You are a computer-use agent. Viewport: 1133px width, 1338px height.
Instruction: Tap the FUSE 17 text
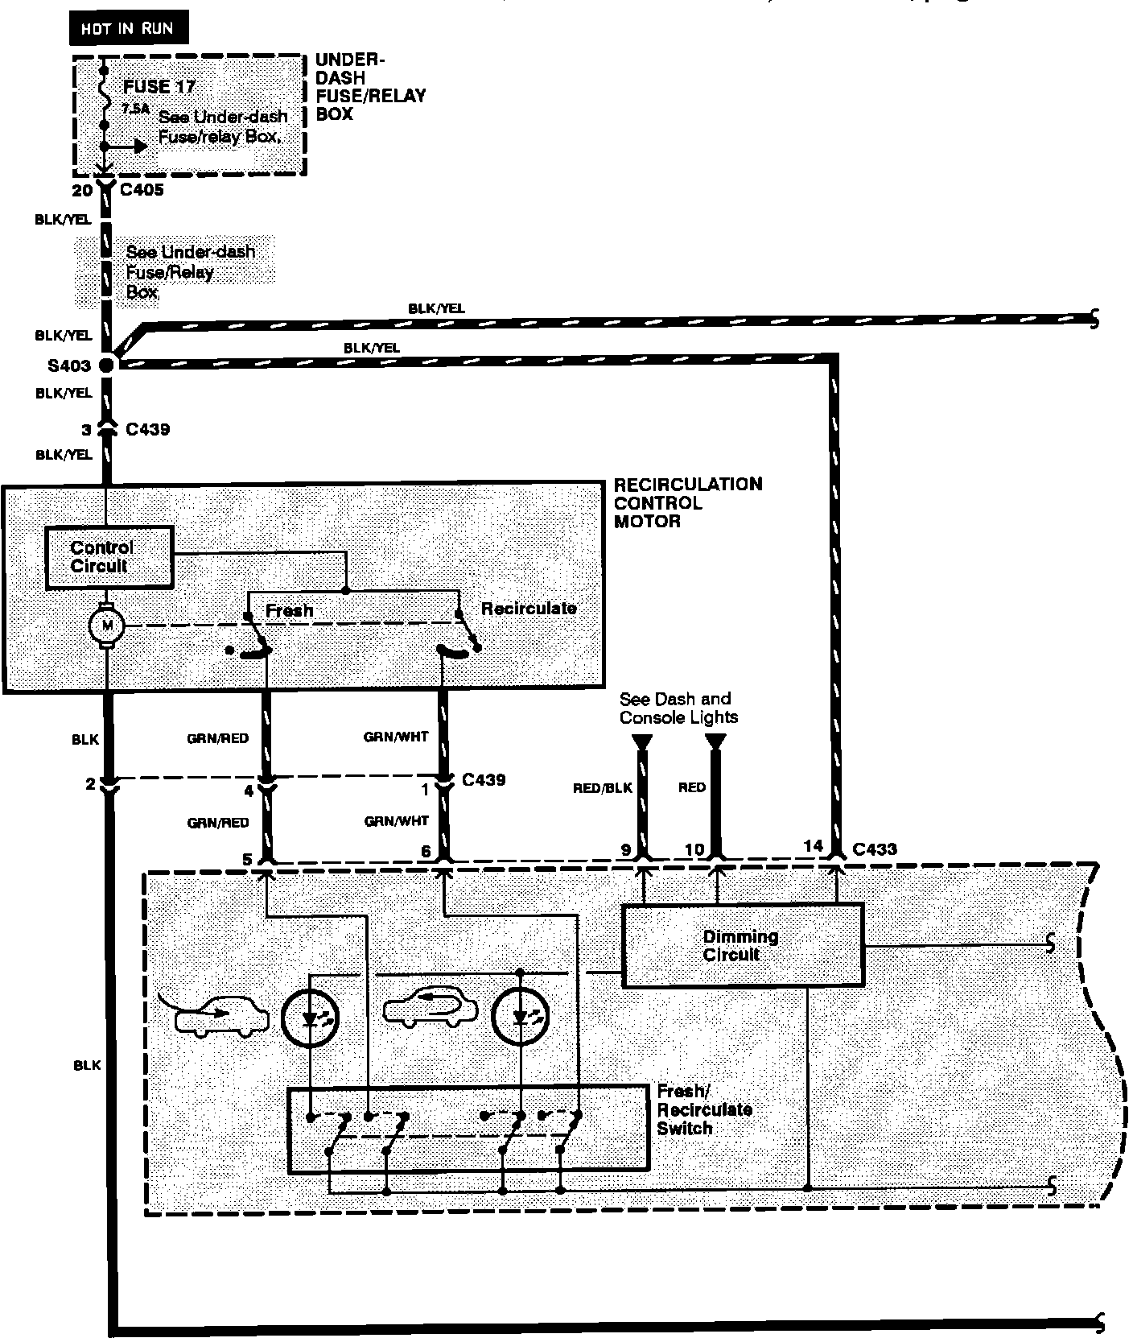(159, 87)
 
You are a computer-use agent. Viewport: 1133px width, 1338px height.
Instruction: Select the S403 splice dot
(106, 365)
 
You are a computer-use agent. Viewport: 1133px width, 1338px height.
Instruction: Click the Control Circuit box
(109, 557)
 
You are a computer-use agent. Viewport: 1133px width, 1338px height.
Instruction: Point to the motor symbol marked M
(106, 625)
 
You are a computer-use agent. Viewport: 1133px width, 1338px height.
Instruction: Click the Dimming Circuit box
(742, 946)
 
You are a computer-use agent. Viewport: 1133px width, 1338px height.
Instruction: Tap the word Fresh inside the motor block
(289, 610)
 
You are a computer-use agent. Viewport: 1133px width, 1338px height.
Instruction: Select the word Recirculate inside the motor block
(529, 609)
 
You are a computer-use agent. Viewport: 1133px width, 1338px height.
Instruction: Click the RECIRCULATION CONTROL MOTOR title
(687, 502)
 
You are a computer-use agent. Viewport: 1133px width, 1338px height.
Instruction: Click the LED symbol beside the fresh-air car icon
(311, 1018)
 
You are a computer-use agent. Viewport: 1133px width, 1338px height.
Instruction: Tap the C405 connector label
(142, 190)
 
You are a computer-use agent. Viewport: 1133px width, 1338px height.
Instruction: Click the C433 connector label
(874, 849)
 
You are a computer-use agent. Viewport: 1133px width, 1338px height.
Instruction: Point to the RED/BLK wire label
(603, 788)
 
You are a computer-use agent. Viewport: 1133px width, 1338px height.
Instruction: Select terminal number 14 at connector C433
(814, 845)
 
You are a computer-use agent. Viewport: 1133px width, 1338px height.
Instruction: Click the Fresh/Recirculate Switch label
(704, 1109)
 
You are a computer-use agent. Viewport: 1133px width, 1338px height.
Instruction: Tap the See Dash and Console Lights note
(678, 708)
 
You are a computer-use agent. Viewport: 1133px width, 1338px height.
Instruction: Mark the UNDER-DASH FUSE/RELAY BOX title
(369, 87)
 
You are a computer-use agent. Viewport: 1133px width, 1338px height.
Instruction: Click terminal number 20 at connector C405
(82, 191)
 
